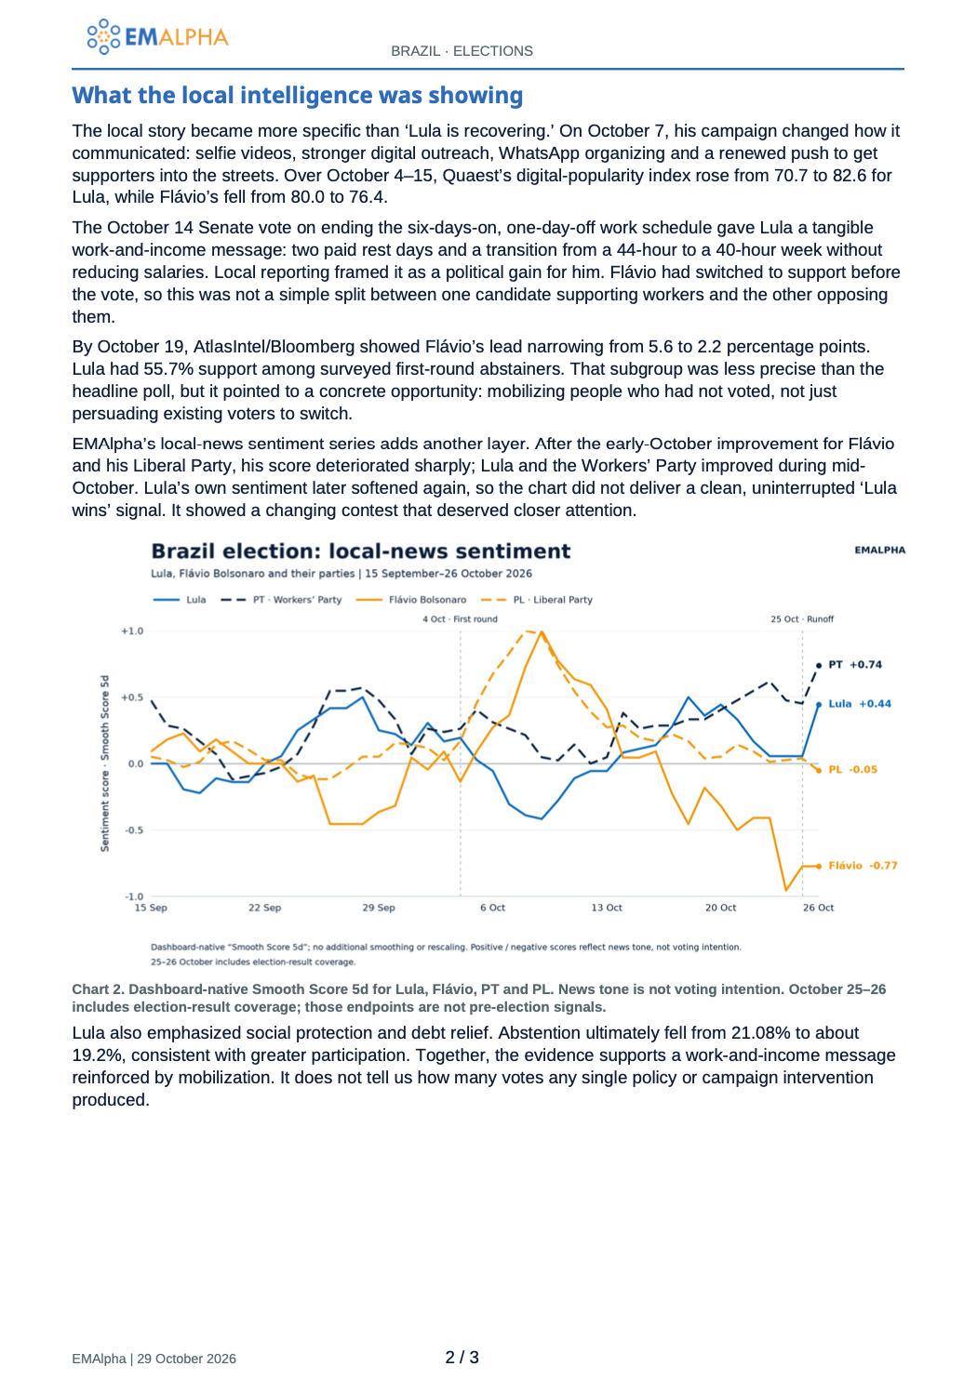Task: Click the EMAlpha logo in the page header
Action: click(x=157, y=36)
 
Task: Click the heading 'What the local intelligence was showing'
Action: click(x=298, y=95)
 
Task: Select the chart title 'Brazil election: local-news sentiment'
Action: click(x=360, y=551)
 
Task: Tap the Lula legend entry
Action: click(x=180, y=600)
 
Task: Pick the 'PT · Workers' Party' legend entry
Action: click(x=281, y=600)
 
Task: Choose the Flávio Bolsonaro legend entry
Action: click(x=410, y=600)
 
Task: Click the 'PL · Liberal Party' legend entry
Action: click(x=536, y=600)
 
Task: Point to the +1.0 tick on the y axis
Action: click(x=132, y=630)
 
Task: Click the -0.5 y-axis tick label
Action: click(x=133, y=829)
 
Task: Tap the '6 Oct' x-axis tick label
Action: click(x=492, y=908)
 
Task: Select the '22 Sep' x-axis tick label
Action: click(x=264, y=908)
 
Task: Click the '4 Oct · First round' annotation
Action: click(x=460, y=618)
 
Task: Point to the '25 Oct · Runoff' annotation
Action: click(x=802, y=618)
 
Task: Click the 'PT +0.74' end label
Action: click(x=855, y=664)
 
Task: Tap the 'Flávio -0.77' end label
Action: click(x=863, y=865)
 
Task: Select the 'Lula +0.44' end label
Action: click(x=860, y=703)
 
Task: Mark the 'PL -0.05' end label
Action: click(x=852, y=769)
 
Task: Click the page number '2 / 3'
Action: click(x=462, y=1357)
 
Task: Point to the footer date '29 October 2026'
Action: click(x=187, y=1359)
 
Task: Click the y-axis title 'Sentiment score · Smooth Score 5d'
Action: click(x=105, y=763)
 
